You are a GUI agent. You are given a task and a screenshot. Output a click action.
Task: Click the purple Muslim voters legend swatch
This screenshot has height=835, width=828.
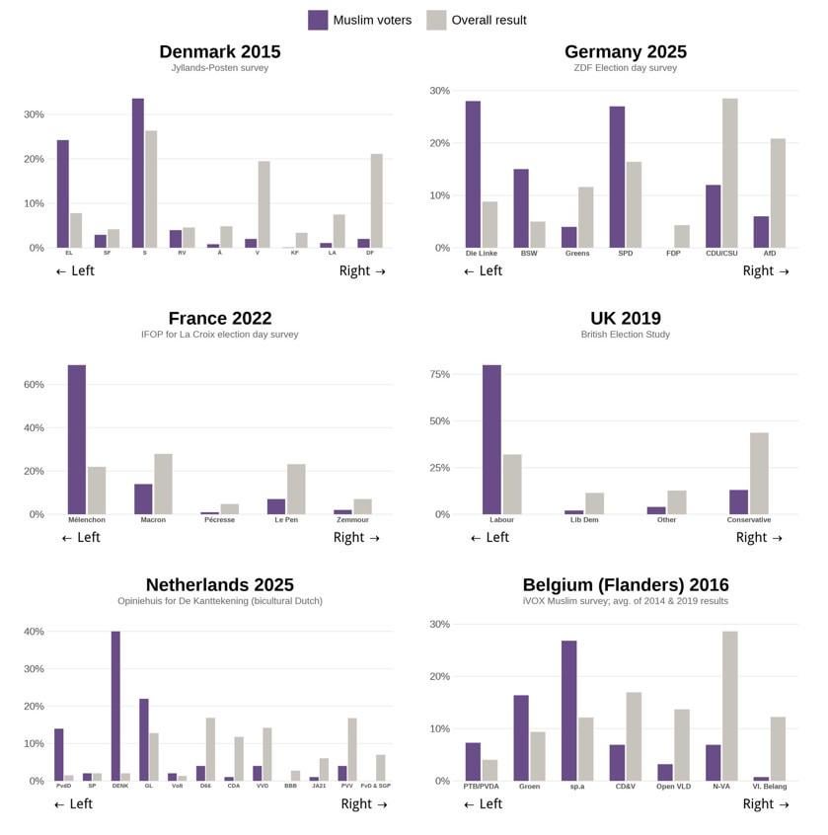318,20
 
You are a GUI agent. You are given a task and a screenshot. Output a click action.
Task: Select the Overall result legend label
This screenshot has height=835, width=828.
489,20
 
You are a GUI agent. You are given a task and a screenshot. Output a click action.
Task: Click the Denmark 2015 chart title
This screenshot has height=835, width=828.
219,51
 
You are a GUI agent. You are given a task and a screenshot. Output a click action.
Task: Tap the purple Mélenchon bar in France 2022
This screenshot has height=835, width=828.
76,439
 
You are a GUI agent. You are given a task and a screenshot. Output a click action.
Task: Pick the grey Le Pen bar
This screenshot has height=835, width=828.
296,489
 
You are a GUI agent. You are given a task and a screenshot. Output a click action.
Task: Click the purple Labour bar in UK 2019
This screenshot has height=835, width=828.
491,439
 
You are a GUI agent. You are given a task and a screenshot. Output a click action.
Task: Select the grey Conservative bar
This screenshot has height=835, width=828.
759,473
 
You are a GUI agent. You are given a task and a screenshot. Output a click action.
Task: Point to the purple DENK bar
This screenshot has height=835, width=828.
115,706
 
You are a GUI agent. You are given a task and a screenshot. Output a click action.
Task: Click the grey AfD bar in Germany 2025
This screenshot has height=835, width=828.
778,192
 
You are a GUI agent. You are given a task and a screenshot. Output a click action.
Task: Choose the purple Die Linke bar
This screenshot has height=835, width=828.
473,174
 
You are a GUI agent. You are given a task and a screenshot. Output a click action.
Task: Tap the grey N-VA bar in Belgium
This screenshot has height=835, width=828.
729,706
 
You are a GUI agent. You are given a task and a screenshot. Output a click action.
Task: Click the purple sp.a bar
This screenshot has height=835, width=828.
568,711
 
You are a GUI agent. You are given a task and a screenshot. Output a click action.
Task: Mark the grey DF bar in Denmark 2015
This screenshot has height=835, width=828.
376,200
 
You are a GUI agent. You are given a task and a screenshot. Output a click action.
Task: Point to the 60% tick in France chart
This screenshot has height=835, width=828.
34,385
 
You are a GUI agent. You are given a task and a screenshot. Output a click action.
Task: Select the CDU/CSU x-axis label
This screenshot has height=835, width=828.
721,254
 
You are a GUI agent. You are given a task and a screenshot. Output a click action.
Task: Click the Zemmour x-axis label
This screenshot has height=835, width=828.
352,520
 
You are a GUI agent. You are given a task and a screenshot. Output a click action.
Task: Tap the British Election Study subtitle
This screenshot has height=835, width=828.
625,335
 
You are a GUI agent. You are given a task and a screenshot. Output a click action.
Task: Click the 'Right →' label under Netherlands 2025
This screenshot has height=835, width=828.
364,804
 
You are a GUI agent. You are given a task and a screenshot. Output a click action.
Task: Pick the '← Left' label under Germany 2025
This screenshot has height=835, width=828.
483,271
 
